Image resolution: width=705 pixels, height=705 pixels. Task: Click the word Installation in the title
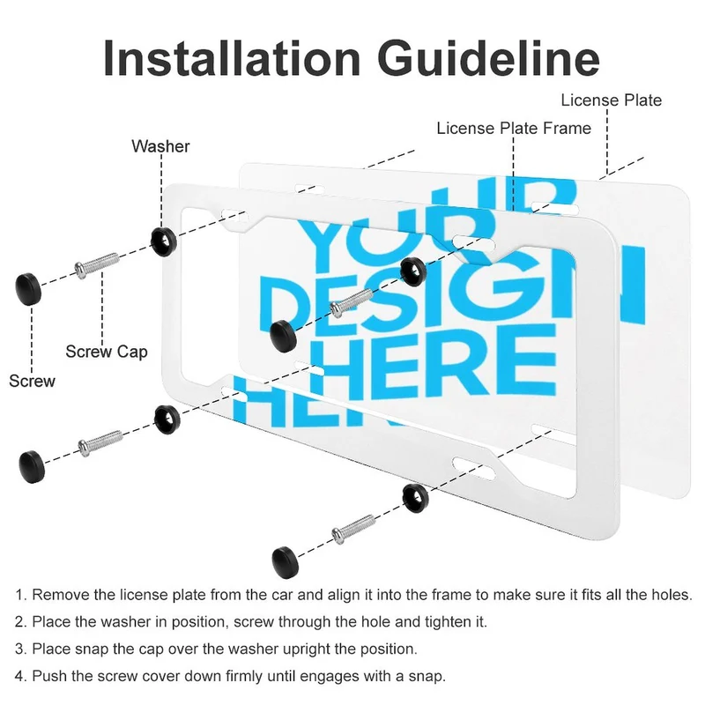(232, 58)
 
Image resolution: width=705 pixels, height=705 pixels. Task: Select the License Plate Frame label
(514, 128)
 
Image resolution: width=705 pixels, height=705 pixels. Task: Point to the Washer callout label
(160, 146)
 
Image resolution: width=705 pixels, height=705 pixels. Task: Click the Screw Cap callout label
(107, 352)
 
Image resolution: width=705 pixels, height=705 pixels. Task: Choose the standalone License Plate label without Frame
(611, 100)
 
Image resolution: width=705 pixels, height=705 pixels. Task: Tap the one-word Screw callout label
(32, 381)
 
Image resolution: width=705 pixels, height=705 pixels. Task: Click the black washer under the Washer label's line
(164, 241)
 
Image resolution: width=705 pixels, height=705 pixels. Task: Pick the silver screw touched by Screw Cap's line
(96, 264)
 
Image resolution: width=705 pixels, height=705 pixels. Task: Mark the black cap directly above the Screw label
(28, 289)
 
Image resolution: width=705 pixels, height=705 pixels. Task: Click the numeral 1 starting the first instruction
(19, 595)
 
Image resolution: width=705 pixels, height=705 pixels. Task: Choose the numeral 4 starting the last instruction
(19, 676)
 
